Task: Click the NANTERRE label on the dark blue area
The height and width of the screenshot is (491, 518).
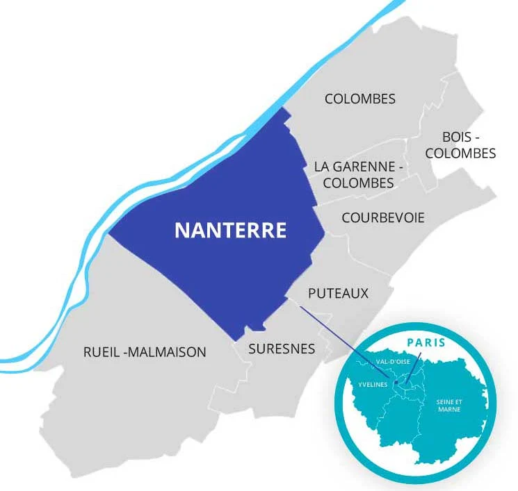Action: [230, 230]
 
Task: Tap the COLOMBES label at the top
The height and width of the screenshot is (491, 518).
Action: [359, 99]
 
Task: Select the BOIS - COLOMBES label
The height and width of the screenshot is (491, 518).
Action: [460, 144]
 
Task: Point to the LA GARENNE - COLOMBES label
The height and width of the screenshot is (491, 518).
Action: [359, 175]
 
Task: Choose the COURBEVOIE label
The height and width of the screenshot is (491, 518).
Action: [382, 218]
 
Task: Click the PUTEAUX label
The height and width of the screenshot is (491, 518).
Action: [338, 294]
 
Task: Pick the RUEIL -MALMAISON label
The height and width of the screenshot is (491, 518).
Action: [145, 352]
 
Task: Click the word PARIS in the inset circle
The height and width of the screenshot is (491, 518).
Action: [426, 343]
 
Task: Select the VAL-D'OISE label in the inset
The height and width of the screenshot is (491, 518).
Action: [392, 362]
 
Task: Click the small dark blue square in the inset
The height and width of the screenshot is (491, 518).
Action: [395, 382]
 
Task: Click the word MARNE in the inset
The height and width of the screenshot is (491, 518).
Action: [449, 410]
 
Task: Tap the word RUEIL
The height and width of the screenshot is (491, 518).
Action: [99, 352]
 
